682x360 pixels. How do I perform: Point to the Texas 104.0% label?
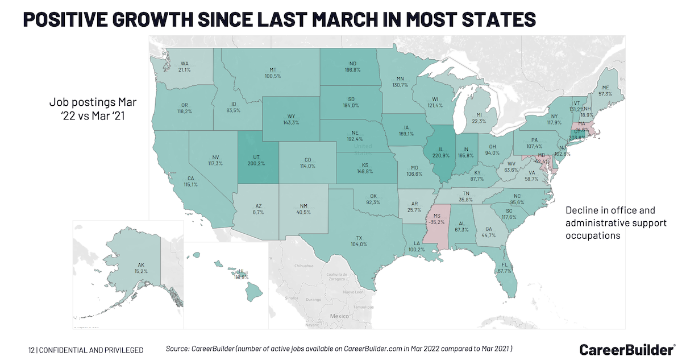coord(359,244)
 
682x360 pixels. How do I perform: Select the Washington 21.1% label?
coord(185,69)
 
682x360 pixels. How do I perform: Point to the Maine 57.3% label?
coord(605,93)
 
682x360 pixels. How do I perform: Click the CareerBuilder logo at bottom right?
coord(627,349)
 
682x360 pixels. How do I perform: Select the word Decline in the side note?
coord(582,210)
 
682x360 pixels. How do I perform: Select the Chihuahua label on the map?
coord(304,266)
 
